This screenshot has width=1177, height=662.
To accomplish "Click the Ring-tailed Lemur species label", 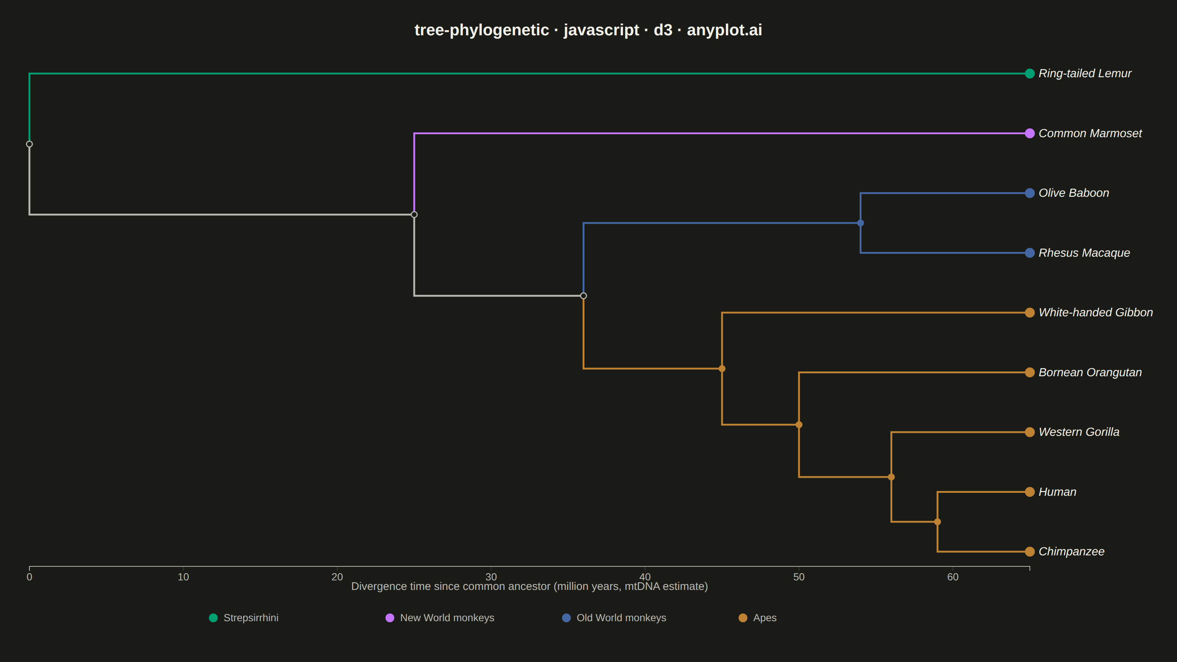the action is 1085,74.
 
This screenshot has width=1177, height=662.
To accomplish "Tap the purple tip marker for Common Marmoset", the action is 1030,134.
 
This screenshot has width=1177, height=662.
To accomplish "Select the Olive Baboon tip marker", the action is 1030,193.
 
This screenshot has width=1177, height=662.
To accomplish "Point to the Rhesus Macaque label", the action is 1084,253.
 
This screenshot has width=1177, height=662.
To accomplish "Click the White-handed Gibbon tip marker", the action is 1030,313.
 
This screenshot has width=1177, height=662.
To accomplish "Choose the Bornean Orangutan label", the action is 1090,372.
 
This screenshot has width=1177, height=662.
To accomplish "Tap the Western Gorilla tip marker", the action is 1030,432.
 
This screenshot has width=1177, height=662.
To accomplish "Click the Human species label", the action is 1057,492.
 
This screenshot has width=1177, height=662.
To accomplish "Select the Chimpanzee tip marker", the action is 1030,551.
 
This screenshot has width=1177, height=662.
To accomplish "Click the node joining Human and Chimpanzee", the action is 937,522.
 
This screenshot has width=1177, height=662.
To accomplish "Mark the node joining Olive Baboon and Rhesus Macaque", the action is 860,223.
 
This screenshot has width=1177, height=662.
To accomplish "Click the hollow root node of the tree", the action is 29,144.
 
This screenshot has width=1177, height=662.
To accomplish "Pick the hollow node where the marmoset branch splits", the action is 414,215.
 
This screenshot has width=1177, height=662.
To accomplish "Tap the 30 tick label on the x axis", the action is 491,577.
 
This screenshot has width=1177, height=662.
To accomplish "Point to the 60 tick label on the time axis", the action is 953,577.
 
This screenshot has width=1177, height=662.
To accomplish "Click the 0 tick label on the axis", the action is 29,577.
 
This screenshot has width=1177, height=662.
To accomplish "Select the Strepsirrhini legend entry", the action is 243,618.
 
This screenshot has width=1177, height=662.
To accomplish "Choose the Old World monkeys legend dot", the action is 566,618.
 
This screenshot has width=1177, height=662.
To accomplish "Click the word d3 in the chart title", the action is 663,30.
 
